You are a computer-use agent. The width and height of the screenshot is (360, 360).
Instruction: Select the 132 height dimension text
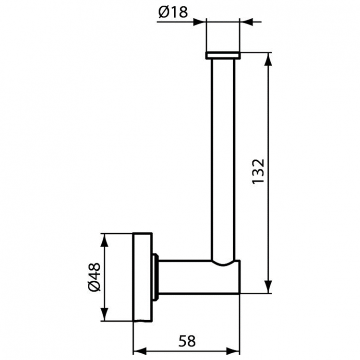[x=258, y=171]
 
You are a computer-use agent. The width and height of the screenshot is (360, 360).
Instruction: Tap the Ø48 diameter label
[x=94, y=277]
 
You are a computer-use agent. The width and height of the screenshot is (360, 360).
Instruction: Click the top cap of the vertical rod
[x=223, y=56]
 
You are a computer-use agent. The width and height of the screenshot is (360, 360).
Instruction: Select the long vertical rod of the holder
[x=223, y=158]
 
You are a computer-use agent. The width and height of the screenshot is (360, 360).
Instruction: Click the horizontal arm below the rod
[x=192, y=277]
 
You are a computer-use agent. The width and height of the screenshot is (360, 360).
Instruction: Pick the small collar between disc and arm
[x=155, y=277]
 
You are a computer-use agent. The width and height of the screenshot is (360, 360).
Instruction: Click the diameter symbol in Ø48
[x=94, y=287]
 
